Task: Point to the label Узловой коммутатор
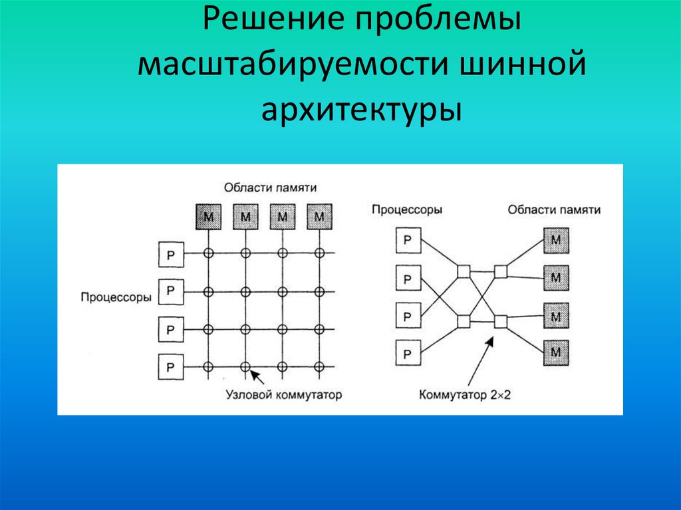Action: (x=284, y=395)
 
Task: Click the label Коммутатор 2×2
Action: (x=465, y=395)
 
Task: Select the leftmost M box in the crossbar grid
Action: (x=209, y=216)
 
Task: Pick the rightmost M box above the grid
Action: (x=320, y=216)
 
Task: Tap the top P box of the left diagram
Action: (x=171, y=253)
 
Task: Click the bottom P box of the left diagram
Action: (x=171, y=366)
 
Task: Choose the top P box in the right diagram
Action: (x=408, y=239)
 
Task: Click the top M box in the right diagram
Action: (x=556, y=239)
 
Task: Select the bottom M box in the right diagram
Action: (x=556, y=350)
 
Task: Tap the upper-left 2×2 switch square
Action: (x=463, y=271)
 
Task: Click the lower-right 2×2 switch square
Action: (x=501, y=322)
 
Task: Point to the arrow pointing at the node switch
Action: (x=257, y=377)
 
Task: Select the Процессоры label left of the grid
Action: (x=115, y=297)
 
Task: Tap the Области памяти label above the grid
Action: (x=269, y=188)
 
